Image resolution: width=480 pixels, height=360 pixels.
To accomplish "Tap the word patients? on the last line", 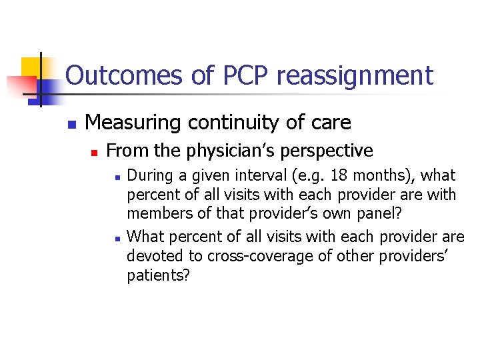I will [158, 275].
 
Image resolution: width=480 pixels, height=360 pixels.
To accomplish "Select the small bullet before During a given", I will [117, 177].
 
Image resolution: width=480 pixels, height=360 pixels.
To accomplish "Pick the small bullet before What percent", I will [117, 238].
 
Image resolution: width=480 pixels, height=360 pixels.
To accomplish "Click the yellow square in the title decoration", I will [32, 67].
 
